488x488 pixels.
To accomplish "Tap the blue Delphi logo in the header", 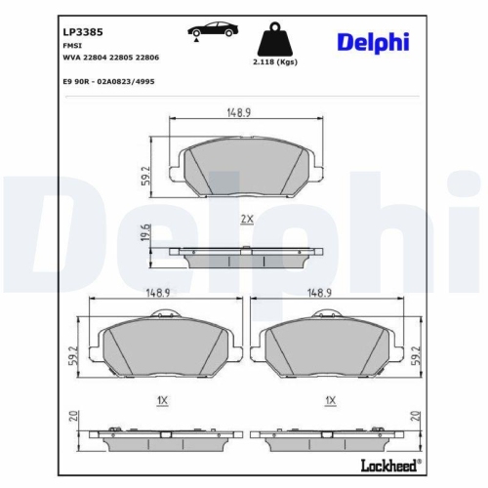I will pos(373,41).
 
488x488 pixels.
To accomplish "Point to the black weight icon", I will pos(275,39).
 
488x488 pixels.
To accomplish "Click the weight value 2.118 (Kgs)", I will pos(275,61).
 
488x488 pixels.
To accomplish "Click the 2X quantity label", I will pos(247,221).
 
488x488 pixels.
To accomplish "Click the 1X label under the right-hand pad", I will pos(332,400).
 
